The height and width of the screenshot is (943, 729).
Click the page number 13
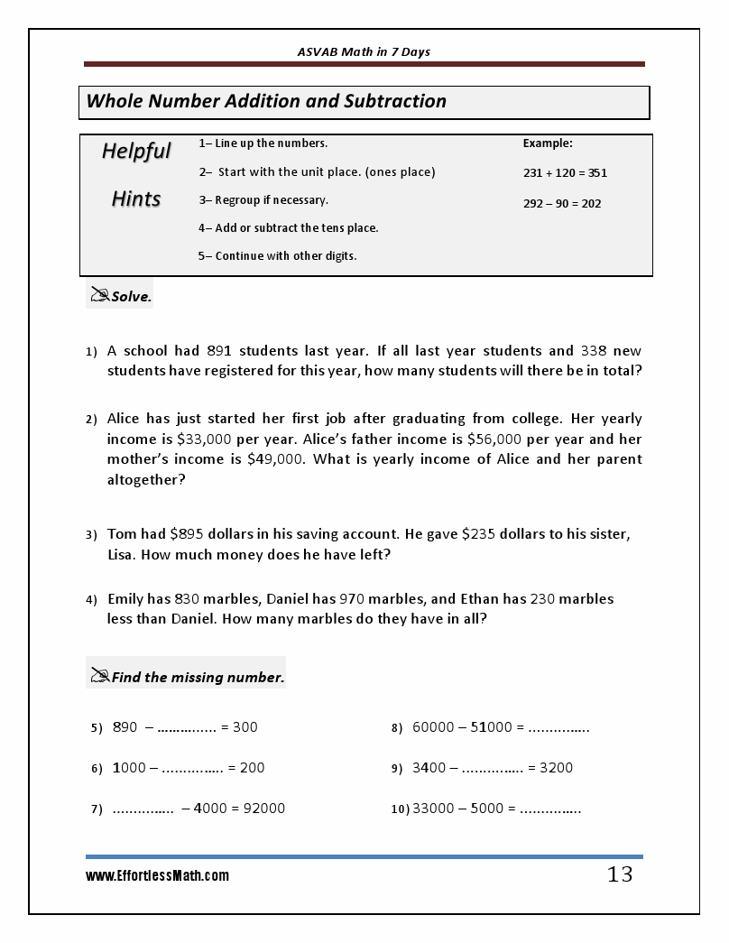point(620,874)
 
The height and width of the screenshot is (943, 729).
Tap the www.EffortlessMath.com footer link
point(158,875)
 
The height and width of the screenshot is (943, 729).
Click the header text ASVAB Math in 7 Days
point(364,51)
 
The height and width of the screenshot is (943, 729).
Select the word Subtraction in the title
point(395,101)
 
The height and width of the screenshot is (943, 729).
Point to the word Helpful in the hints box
point(136,151)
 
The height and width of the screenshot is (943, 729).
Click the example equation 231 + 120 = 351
point(565,172)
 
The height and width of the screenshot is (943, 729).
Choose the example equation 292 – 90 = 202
point(561,203)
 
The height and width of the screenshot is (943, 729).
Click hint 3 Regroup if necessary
point(263,199)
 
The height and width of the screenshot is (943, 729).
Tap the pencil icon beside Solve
point(99,294)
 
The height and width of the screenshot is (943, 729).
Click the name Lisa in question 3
point(122,554)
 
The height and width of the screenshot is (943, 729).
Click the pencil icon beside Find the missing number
point(99,675)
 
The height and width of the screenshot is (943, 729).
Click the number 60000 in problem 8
point(433,726)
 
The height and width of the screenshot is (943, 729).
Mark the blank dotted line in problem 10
point(550,809)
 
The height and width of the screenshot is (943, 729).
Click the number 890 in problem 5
point(125,726)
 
